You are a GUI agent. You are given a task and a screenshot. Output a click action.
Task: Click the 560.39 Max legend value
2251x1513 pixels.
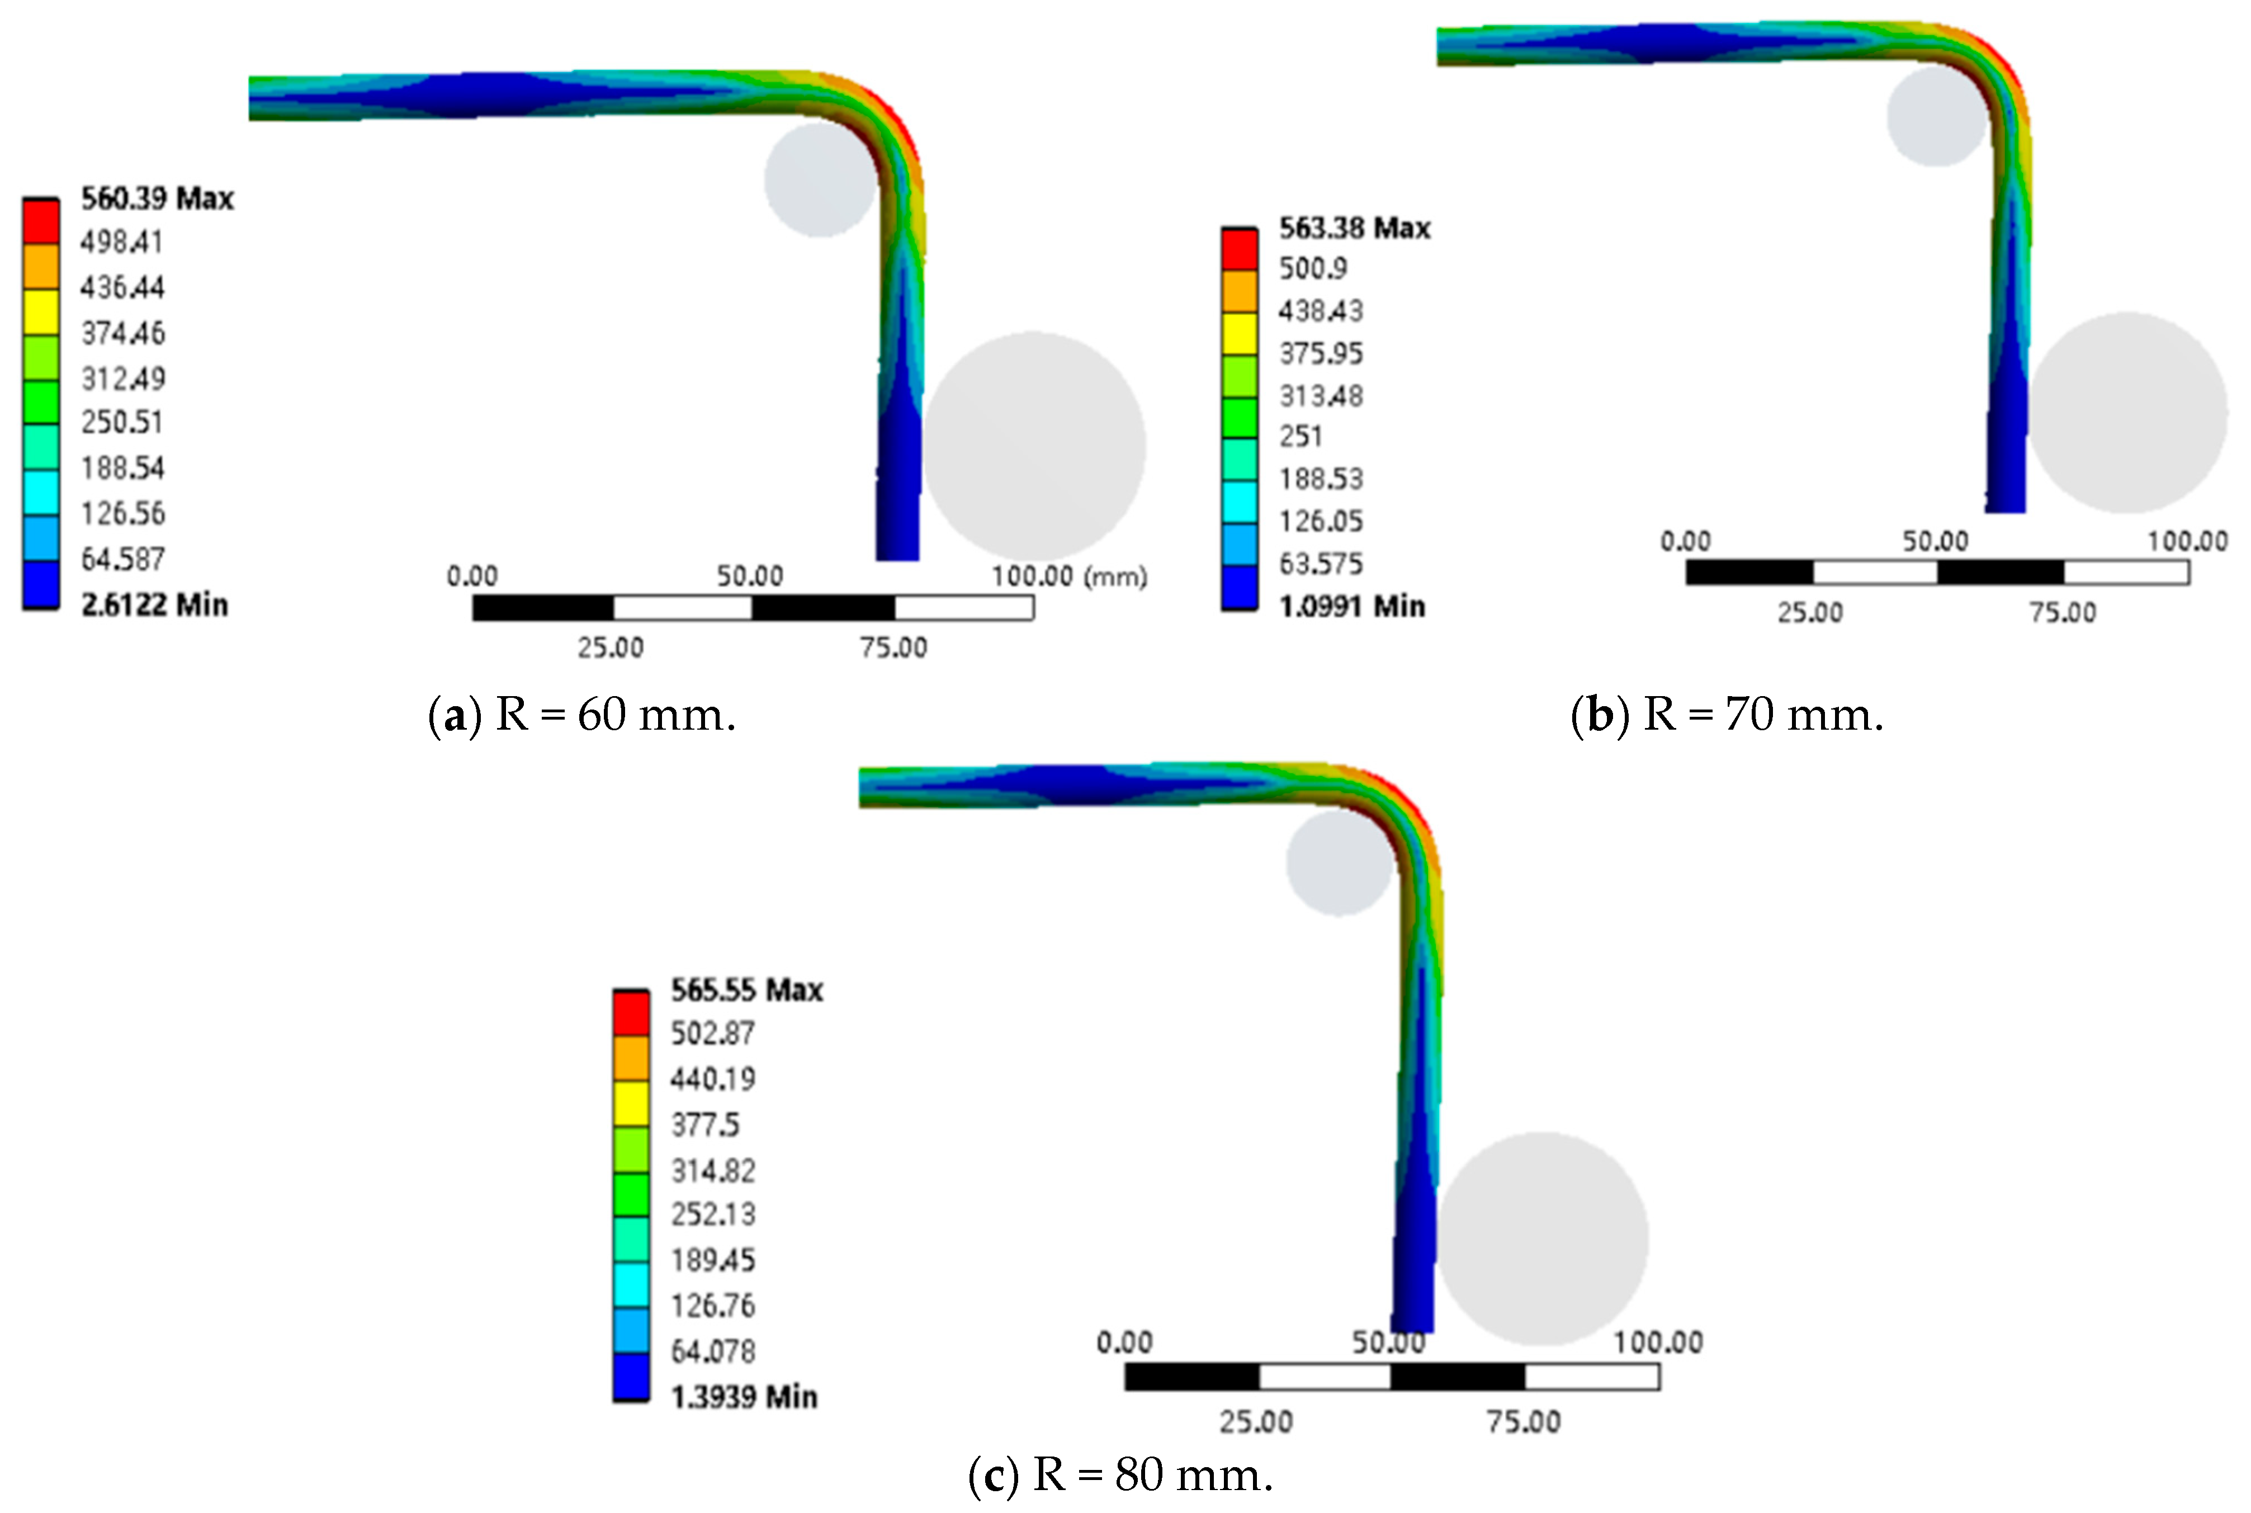point(157,199)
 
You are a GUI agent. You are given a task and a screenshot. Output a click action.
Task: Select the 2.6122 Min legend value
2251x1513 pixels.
point(154,605)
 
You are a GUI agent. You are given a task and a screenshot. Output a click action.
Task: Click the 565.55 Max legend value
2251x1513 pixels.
point(747,990)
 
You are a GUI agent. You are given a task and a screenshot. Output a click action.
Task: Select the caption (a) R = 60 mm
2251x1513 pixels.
point(582,715)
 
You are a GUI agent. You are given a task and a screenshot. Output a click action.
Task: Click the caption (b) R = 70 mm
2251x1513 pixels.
point(1727,715)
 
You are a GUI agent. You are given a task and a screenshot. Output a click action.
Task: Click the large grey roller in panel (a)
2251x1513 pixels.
point(1034,446)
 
